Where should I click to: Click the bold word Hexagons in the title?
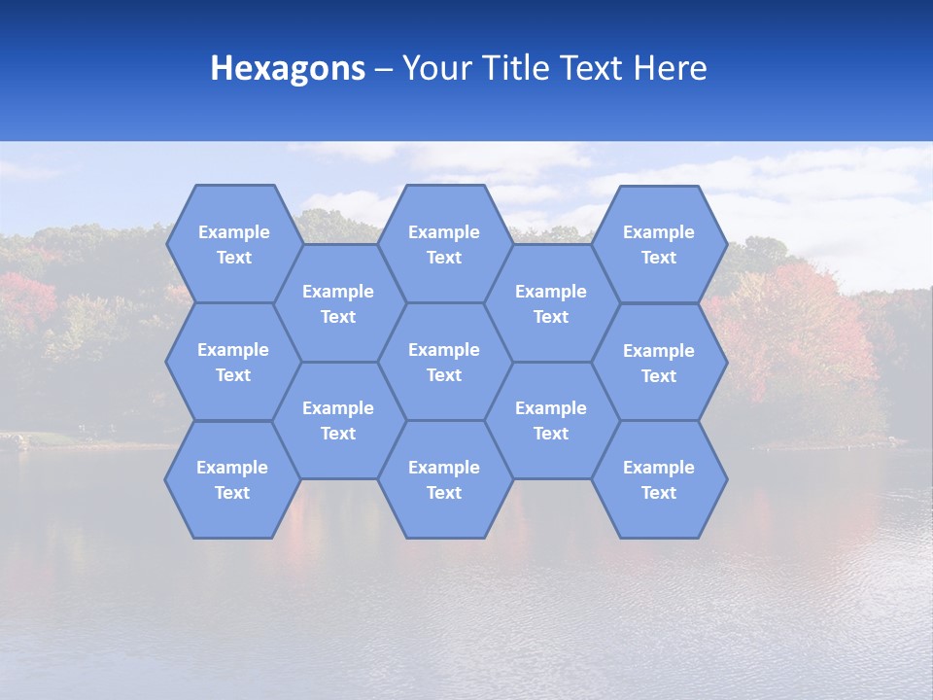point(288,68)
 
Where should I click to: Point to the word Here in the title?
point(670,68)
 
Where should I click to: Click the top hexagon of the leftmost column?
point(233,244)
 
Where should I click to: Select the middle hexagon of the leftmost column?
point(233,362)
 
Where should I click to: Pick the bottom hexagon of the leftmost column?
point(232,479)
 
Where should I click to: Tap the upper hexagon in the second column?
point(338,303)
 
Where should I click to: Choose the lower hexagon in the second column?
point(338,420)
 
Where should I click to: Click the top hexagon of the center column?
point(444,244)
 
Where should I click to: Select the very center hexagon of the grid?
point(444,362)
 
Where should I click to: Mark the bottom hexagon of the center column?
point(444,479)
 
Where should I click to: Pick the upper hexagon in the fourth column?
point(551,303)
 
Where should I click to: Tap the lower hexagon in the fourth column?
point(551,420)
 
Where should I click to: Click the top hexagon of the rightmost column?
point(659,244)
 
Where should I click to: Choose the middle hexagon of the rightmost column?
point(659,363)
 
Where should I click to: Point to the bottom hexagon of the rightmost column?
point(659,479)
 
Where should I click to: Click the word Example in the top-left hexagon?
point(233,232)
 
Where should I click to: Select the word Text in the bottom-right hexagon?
point(659,493)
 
